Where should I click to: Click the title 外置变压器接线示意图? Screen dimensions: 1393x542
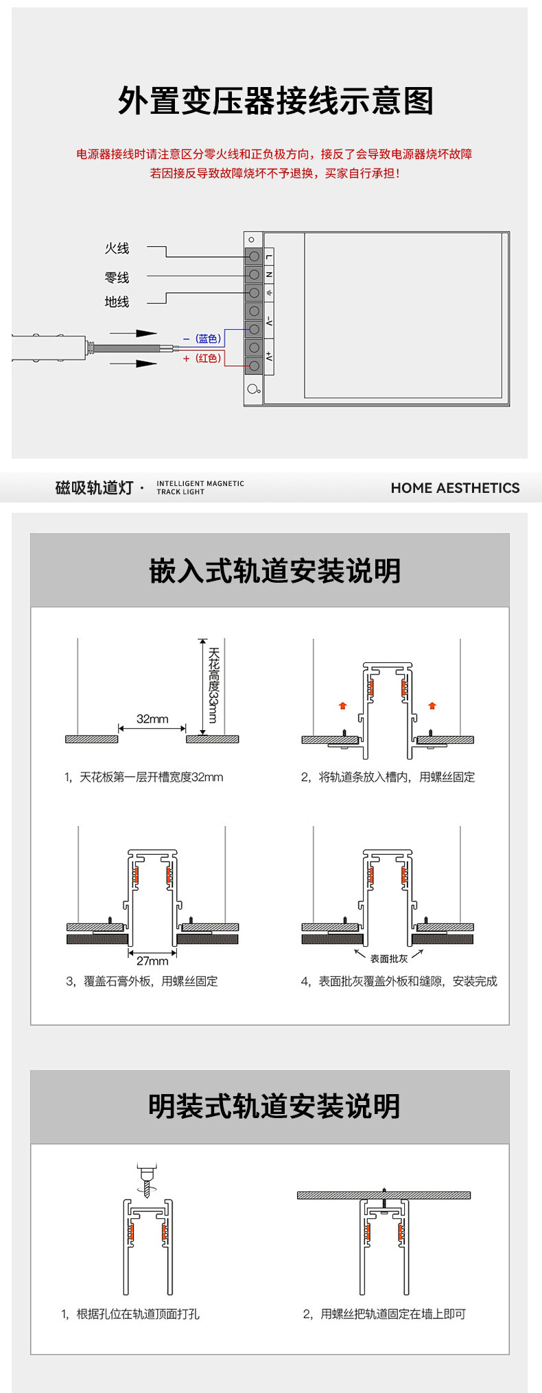pyautogui.click(x=275, y=101)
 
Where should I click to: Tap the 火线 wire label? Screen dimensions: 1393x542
pyautogui.click(x=117, y=248)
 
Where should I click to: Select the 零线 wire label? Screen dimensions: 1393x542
pyautogui.click(x=117, y=278)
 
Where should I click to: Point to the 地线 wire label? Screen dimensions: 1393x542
pyautogui.click(x=117, y=302)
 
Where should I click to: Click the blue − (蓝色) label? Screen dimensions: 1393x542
pyautogui.click(x=202, y=339)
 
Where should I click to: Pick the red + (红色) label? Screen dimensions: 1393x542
pyautogui.click(x=202, y=359)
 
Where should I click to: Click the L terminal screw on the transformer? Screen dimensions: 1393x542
pyautogui.click(x=254, y=256)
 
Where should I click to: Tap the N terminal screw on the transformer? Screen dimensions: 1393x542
pyautogui.click(x=254, y=274)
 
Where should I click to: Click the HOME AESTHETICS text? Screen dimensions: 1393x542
pyautogui.click(x=455, y=488)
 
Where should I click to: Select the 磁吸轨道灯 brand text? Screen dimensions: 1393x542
pyautogui.click(x=94, y=488)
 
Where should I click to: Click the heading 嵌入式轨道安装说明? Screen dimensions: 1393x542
pyautogui.click(x=274, y=571)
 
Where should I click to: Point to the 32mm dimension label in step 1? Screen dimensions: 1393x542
pyautogui.click(x=152, y=719)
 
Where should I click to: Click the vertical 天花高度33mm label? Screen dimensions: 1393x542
pyautogui.click(x=213, y=685)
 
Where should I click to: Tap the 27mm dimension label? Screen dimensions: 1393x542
pyautogui.click(x=152, y=961)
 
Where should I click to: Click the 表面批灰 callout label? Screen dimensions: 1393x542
pyautogui.click(x=389, y=959)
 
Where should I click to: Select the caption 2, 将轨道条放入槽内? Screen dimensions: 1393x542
pyautogui.click(x=388, y=777)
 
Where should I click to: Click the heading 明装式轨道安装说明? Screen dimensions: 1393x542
pyautogui.click(x=274, y=1106)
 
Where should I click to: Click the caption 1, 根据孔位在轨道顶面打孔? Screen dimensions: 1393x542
pyautogui.click(x=130, y=1314)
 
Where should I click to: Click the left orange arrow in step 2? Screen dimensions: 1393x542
pyautogui.click(x=343, y=705)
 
